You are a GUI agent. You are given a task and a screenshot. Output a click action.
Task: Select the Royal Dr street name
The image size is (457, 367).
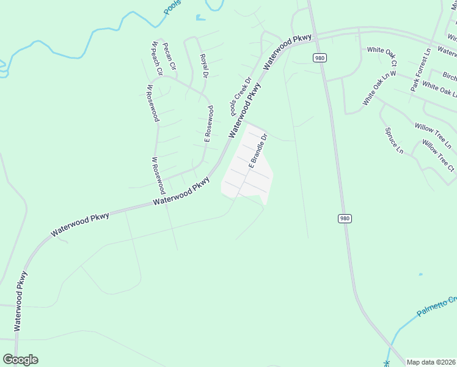(204, 66)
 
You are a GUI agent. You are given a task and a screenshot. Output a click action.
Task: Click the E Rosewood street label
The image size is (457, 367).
(209, 124)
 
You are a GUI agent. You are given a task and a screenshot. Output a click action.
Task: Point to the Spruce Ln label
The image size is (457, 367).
(394, 141)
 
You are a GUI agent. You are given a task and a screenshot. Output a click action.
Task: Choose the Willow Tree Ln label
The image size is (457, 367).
(433, 136)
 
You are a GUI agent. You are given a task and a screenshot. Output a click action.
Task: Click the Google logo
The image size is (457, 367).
(20, 360)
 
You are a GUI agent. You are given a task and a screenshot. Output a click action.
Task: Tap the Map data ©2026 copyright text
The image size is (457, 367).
(431, 362)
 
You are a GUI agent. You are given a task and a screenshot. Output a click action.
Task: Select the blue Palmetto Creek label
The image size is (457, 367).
(437, 306)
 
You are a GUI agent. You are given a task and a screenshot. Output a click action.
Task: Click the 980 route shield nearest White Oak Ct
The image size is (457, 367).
(320, 57)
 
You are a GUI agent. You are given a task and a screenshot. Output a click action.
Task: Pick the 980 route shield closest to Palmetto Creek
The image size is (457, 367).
(345, 218)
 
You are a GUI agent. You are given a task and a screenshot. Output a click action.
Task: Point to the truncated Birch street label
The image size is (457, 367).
(449, 77)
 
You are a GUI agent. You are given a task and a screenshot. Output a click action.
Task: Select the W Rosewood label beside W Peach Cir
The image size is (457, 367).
(152, 103)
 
